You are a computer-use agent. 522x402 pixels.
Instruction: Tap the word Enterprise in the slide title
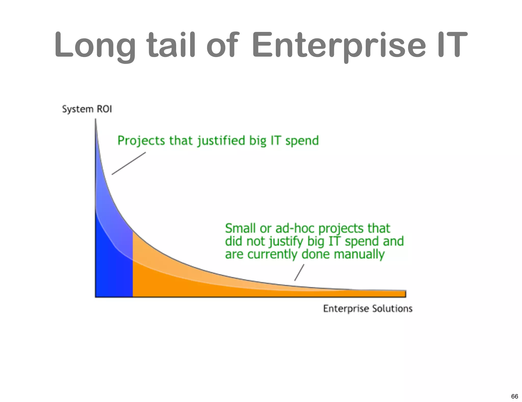(338, 45)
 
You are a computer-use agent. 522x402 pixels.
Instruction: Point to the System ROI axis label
(87, 109)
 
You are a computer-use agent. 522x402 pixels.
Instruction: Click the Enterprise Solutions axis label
(368, 309)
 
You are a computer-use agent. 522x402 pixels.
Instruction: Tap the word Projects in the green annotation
(141, 141)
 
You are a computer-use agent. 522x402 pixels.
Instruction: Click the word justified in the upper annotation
(221, 141)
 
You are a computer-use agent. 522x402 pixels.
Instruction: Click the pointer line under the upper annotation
(129, 164)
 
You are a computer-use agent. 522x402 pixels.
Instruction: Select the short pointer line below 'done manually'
(299, 272)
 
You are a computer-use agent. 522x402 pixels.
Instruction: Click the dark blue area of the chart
(112, 275)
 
